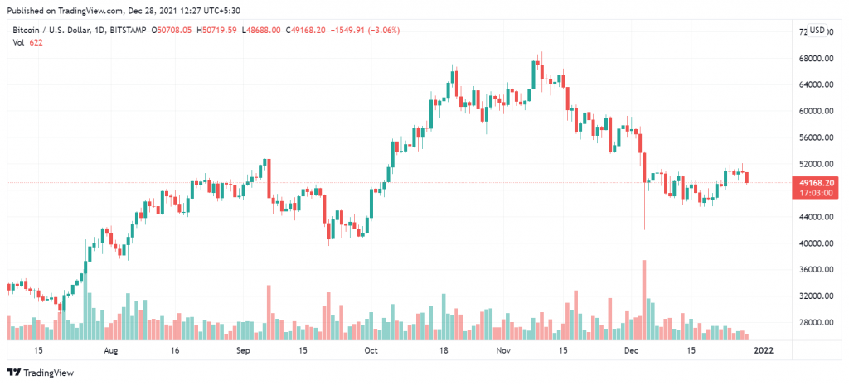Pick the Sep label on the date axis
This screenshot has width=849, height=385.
click(243, 351)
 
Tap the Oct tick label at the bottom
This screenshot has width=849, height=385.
click(371, 351)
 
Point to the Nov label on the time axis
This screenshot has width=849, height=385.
click(503, 351)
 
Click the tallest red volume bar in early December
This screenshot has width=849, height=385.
click(644, 299)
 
